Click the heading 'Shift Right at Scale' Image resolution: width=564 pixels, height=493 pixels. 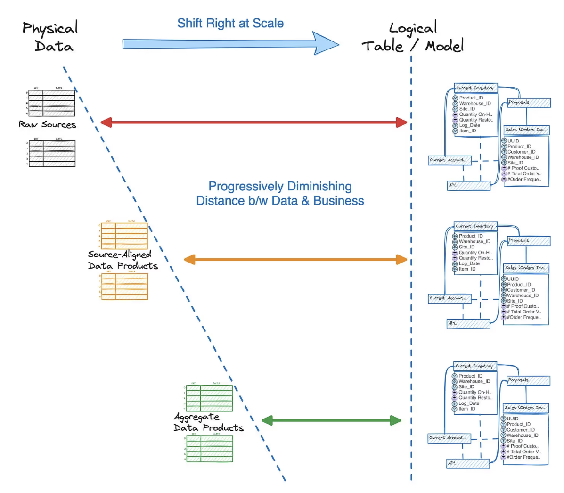click(230, 23)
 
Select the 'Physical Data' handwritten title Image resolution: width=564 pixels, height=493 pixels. click(51, 37)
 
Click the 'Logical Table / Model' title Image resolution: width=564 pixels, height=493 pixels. click(413, 37)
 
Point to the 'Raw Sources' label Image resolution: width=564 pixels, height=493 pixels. click(47, 125)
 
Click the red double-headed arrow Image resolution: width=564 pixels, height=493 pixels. click(253, 123)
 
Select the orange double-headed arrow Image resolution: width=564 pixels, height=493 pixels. click(295, 259)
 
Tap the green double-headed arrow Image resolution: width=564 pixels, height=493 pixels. click(331, 420)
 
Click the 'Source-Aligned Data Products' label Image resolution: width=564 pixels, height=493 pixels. click(122, 260)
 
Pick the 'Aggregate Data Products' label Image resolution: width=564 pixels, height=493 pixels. click(208, 422)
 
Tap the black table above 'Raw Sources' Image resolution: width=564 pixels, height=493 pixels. click(51, 102)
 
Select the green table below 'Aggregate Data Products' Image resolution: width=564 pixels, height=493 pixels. click(209, 449)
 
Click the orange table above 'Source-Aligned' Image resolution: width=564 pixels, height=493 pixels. click(124, 236)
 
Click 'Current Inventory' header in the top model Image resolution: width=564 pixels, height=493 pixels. click(475, 88)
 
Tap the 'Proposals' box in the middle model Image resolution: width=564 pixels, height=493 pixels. click(528, 241)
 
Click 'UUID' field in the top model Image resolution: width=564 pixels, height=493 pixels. click(513, 141)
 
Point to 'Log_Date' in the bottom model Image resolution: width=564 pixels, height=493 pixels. click(469, 403)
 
